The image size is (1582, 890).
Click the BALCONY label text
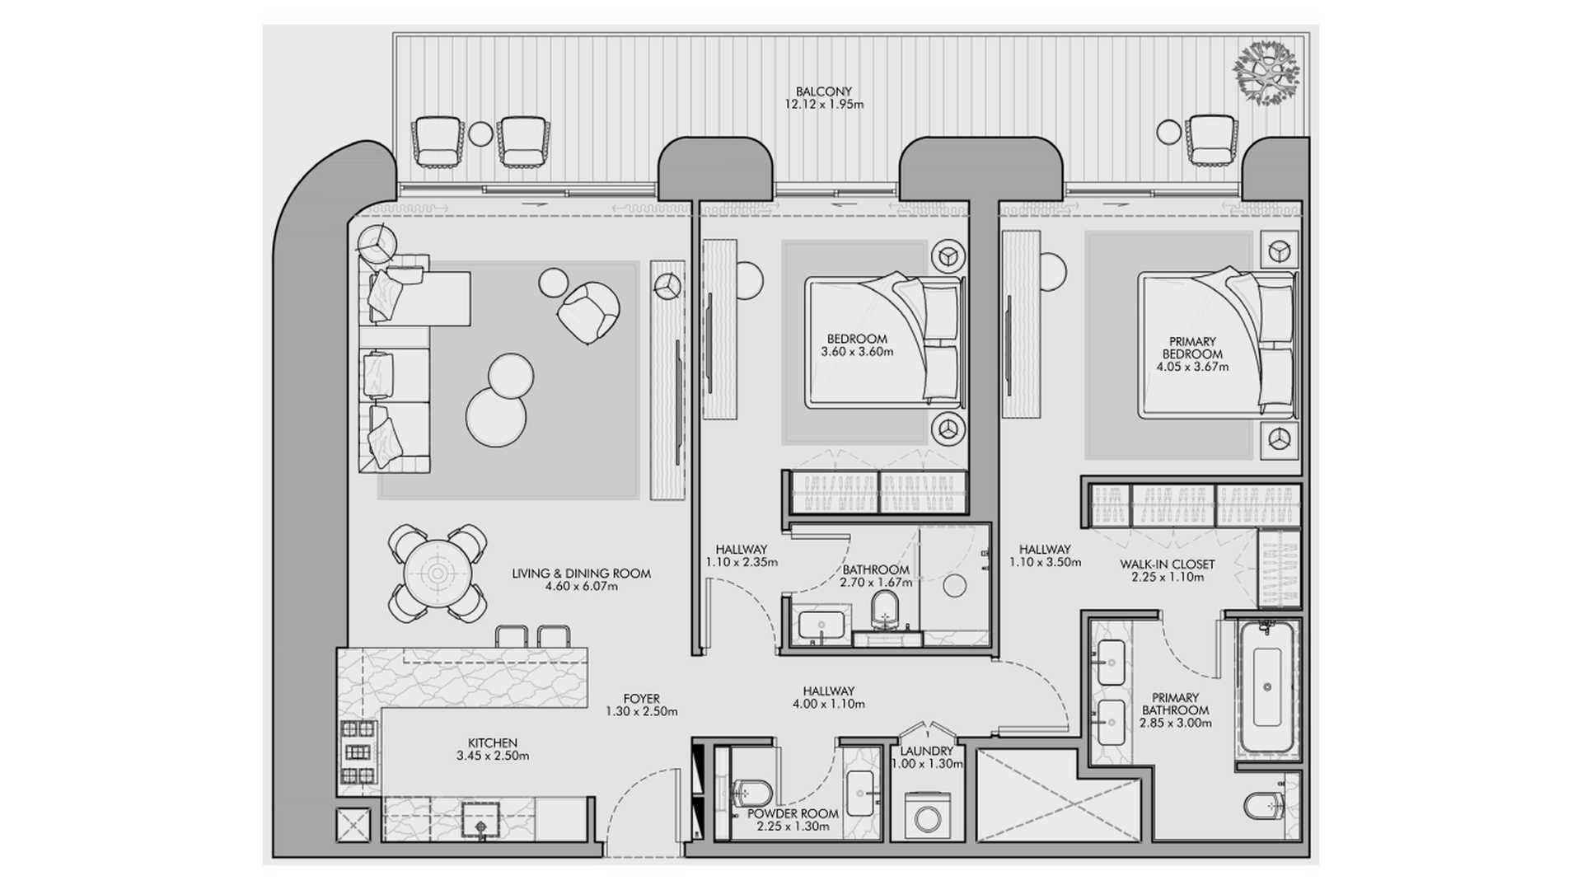pyautogui.click(x=823, y=91)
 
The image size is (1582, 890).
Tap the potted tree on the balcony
pyautogui.click(x=1266, y=73)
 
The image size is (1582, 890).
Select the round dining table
pyautogui.click(x=437, y=573)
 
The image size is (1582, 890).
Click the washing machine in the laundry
pyautogui.click(x=928, y=817)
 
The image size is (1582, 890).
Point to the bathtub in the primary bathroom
pyautogui.click(x=1266, y=687)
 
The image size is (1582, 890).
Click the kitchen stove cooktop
pyautogui.click(x=359, y=752)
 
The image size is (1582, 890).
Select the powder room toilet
pyautogui.click(x=750, y=794)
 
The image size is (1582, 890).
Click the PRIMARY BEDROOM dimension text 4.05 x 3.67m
pyautogui.click(x=1192, y=367)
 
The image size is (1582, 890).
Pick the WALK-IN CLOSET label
pyautogui.click(x=1167, y=564)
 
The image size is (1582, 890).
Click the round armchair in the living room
pyautogui.click(x=588, y=312)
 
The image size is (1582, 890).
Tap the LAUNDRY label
pyautogui.click(x=927, y=751)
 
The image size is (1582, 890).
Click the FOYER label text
pyautogui.click(x=641, y=699)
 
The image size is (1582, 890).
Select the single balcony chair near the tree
pyautogui.click(x=1211, y=139)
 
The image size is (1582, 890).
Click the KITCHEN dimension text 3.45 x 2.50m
pyautogui.click(x=493, y=756)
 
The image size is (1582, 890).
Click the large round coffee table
pyautogui.click(x=496, y=417)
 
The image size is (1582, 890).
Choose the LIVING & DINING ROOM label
pyautogui.click(x=581, y=574)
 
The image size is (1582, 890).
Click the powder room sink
pyautogui.click(x=860, y=794)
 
